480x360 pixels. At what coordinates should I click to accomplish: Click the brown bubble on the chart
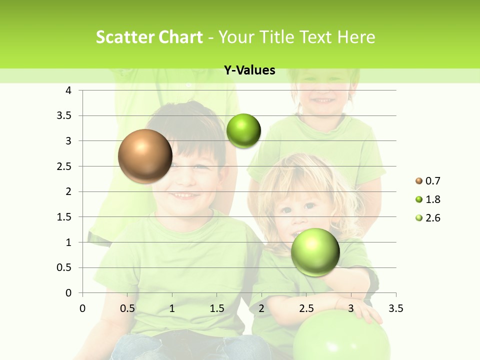click(145, 156)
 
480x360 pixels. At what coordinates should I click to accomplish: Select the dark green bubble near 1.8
click(243, 131)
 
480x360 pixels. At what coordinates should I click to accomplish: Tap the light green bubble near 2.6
click(315, 252)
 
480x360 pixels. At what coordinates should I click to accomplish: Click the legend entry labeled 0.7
click(428, 181)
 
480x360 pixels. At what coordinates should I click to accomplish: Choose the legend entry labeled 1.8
click(428, 199)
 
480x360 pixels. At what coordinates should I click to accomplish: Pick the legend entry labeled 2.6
click(428, 218)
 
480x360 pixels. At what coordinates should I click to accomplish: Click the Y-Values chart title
click(249, 70)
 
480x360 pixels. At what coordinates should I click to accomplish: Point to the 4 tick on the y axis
click(69, 90)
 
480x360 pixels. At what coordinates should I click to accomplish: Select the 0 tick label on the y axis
click(69, 293)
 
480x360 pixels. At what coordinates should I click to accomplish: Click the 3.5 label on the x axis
click(395, 308)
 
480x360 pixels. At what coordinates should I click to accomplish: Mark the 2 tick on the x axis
click(261, 308)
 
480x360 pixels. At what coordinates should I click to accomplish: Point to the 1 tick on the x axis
click(172, 308)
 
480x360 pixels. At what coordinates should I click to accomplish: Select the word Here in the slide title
click(355, 37)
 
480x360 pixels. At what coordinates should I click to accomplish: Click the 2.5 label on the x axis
click(306, 308)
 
